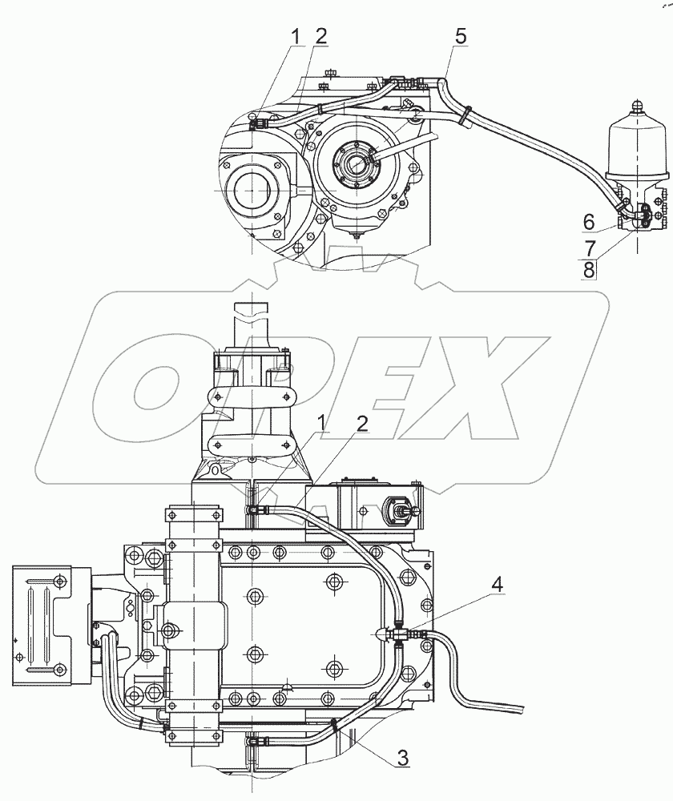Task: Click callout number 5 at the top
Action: tap(460, 36)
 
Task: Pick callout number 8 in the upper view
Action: tap(589, 269)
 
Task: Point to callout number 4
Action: tap(497, 585)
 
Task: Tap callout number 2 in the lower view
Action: tap(362, 424)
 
